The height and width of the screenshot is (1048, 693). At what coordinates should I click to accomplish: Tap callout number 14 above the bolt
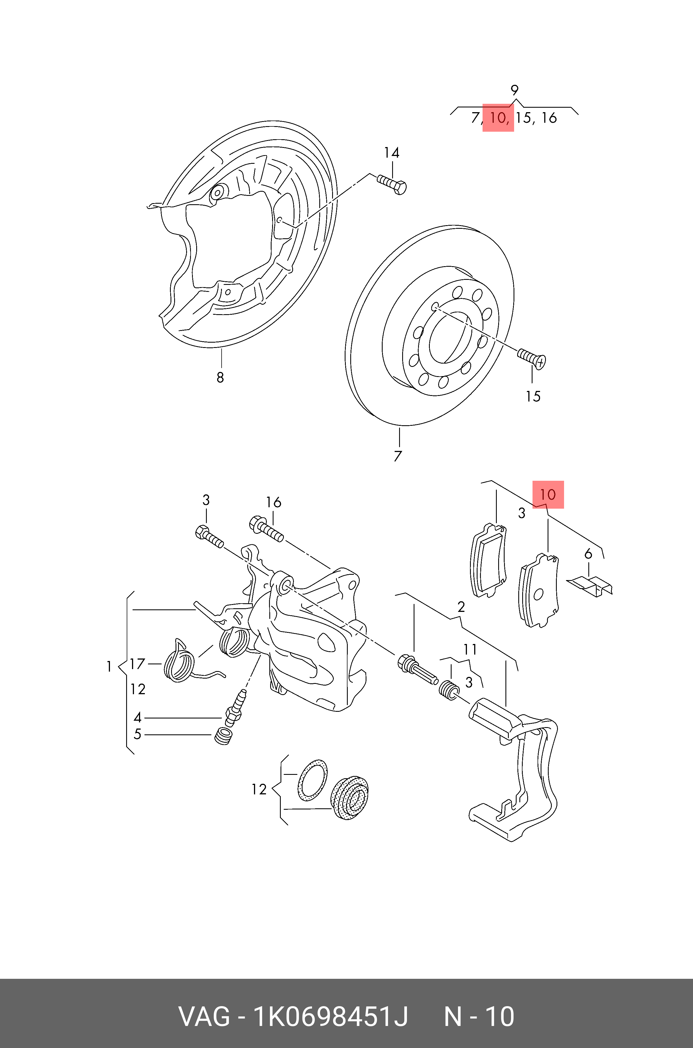coord(392,153)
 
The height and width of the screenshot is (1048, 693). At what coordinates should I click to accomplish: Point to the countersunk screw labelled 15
coord(532,358)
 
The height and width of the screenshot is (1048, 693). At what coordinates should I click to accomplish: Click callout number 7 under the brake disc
coord(398,456)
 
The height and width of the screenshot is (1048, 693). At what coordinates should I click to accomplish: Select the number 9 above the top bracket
coord(514,91)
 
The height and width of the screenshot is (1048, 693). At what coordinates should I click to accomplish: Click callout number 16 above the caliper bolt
coord(274,502)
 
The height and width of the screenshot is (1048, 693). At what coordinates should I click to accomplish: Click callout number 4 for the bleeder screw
coord(137,717)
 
